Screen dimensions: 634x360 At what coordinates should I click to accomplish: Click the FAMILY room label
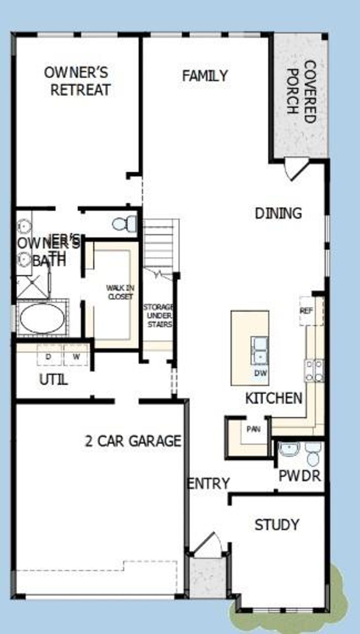coord(205,76)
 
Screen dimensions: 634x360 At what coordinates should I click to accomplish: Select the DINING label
coord(278,214)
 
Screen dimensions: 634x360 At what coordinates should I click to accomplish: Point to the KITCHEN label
coord(274,398)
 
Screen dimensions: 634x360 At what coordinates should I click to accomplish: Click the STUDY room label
coord(277,525)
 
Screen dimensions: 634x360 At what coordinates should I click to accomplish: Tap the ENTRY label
coord(208,483)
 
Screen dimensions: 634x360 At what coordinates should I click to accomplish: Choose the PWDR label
coord(300,476)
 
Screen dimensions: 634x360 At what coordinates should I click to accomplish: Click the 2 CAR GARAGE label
coord(133,441)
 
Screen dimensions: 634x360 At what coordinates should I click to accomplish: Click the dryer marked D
coord(49,356)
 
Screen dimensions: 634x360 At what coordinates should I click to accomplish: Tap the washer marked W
coord(76,356)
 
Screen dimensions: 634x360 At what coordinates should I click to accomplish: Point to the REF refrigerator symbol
coord(306,311)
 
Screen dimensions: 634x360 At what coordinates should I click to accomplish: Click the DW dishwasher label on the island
coord(261,373)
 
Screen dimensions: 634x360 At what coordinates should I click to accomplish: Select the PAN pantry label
coord(253,429)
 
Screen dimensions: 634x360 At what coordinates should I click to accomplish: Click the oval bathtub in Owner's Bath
coord(42,318)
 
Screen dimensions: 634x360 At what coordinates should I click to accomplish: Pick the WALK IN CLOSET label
coord(120,292)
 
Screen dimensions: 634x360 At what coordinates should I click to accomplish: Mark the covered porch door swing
coord(295,170)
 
